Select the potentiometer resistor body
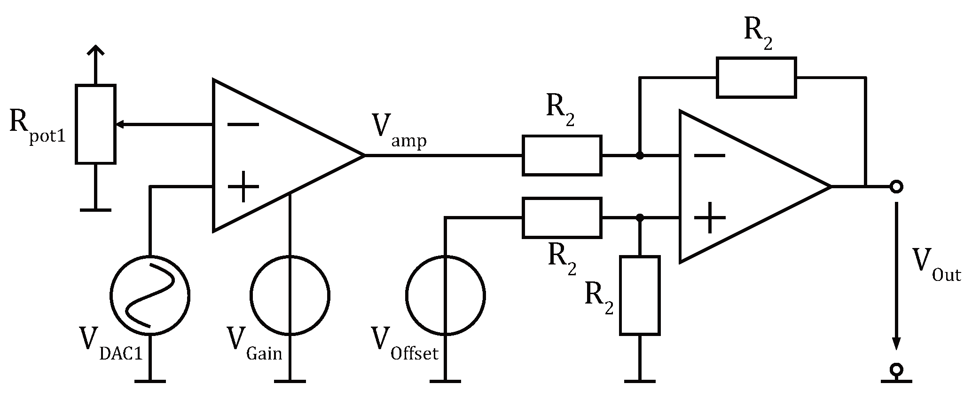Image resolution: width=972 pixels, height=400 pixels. coord(95,124)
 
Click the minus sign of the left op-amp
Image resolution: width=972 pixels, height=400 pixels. coord(243,124)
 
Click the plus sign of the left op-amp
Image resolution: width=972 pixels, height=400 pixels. coord(243,187)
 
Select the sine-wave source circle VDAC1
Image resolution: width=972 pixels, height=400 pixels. coord(150,295)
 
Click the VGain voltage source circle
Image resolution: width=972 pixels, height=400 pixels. coord(290,295)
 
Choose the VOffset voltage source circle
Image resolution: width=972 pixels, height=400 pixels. coord(445,295)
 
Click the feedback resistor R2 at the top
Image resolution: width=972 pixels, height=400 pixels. coord(756,78)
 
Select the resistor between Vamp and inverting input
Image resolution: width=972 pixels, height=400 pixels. coord(562,155)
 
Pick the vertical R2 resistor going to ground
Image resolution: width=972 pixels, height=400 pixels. coord(639,295)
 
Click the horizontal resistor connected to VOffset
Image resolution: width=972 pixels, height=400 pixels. coord(562,218)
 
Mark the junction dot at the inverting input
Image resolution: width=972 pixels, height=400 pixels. coord(639,155)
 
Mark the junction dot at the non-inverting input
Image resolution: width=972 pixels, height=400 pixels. coord(639,218)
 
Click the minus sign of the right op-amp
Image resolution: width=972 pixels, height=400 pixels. coord(709,156)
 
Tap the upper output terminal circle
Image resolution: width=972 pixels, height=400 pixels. coord(896,187)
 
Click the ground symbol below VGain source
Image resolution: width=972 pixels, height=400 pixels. coord(290,380)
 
